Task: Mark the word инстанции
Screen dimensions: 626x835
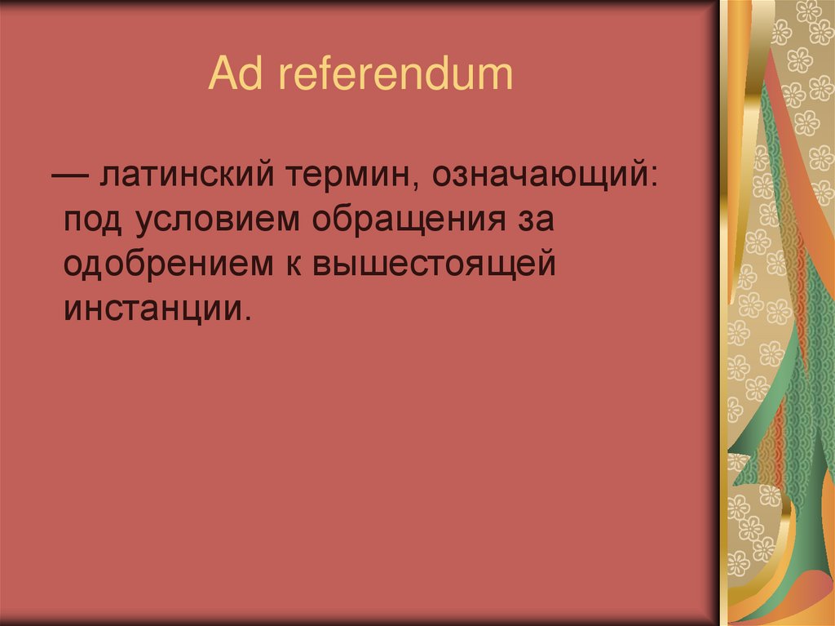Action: (150, 311)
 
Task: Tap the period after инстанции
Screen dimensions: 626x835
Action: (241, 318)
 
